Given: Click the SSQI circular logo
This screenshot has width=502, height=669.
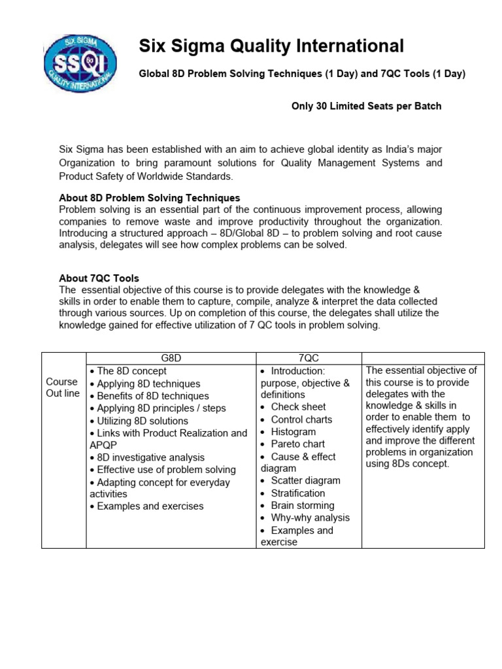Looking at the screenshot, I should pyautogui.click(x=80, y=61).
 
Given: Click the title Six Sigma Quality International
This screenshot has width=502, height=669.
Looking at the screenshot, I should pyautogui.click(x=271, y=46).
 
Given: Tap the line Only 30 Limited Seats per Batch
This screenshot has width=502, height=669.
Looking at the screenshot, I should pyautogui.click(x=366, y=106).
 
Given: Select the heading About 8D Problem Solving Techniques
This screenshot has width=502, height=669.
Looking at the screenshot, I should pyautogui.click(x=150, y=197).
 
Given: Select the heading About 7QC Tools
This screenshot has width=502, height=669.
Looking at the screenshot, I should pyautogui.click(x=99, y=278).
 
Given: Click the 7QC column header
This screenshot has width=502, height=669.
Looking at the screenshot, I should pyautogui.click(x=308, y=359).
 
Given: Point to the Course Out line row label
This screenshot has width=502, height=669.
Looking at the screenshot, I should pyautogui.click(x=63, y=387).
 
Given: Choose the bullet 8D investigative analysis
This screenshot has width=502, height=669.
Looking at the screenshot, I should pyautogui.click(x=150, y=457).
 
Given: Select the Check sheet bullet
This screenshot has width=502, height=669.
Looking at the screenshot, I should pyautogui.click(x=298, y=407).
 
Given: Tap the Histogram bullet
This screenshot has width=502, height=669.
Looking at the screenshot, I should pyautogui.click(x=293, y=432).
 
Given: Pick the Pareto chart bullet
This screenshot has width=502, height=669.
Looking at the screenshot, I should pyautogui.click(x=297, y=444).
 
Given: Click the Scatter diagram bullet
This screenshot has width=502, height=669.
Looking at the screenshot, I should pyautogui.click(x=305, y=481).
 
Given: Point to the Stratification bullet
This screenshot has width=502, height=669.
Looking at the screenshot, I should pyautogui.click(x=297, y=493).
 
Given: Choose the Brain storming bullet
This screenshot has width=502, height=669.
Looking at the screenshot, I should pyautogui.click(x=302, y=506).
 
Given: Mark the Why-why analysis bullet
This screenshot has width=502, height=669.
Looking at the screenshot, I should pyautogui.click(x=310, y=518).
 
